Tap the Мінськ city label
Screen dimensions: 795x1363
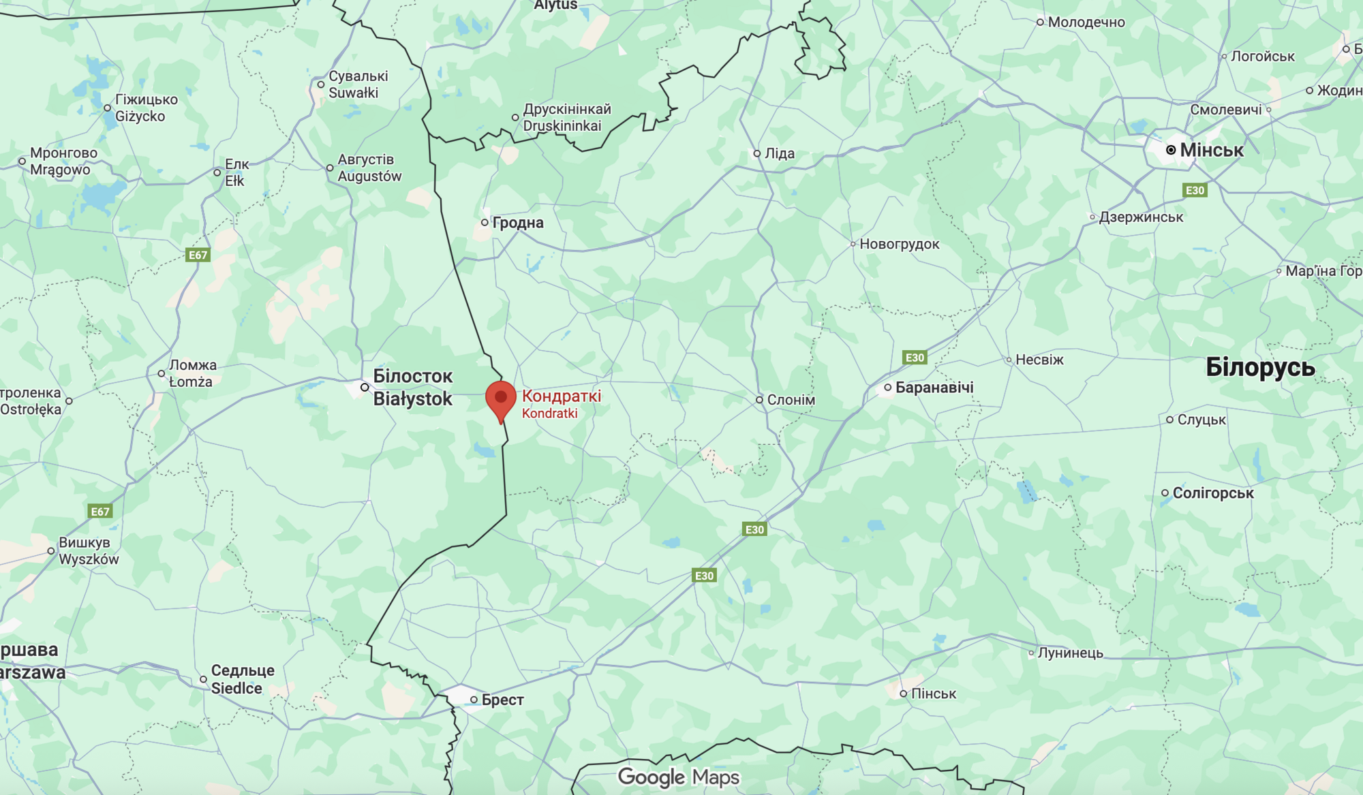1211,150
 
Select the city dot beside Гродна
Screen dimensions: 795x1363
485,222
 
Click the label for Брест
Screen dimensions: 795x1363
502,700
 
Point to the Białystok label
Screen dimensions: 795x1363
412,399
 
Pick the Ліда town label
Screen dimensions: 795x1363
779,153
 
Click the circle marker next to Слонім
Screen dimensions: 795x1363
759,400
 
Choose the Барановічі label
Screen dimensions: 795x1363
934,387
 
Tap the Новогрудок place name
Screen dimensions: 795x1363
899,244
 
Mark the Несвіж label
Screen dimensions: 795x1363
1039,360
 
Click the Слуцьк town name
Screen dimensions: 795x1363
1201,420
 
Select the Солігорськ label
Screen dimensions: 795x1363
1212,493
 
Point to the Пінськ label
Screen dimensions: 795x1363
933,693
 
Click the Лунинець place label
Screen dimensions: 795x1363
1070,653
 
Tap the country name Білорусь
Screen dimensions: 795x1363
1260,367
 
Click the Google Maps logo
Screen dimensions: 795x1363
678,777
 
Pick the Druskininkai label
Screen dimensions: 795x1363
562,126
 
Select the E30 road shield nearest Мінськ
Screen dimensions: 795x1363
1195,190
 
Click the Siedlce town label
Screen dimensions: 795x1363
236,688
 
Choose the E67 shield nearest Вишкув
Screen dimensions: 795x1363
100,512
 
